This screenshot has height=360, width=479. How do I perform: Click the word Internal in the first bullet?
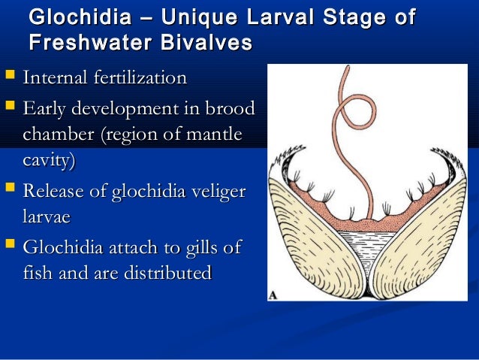tap(55, 77)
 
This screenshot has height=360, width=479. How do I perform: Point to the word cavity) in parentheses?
tap(49, 161)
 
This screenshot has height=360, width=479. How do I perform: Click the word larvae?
tap(47, 217)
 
